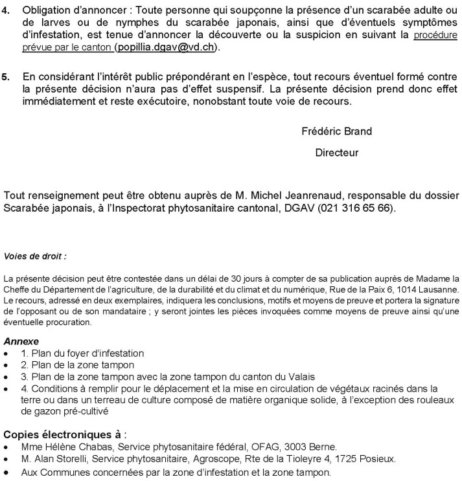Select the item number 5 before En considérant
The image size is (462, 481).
(6, 76)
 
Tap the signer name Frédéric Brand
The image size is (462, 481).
(336, 131)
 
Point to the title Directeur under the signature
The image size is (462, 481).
(336, 153)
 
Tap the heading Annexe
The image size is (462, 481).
(21, 341)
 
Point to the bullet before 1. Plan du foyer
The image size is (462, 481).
(6, 353)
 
